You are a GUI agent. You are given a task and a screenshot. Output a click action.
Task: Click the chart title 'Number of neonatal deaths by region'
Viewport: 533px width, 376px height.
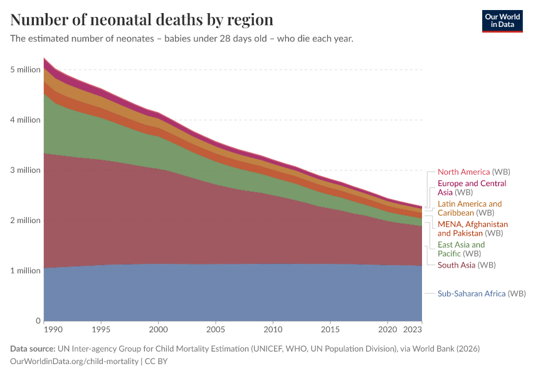point(142,19)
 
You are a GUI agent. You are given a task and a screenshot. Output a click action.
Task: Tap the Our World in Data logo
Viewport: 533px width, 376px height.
point(502,21)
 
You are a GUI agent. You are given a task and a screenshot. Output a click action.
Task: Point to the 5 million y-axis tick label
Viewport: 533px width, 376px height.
point(25,70)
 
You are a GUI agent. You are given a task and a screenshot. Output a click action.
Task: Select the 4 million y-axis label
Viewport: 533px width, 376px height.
point(25,120)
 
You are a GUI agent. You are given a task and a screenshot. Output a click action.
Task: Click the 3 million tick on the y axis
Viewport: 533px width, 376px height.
point(25,170)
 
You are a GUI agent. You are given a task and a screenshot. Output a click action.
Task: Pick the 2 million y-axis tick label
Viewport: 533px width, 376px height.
point(25,221)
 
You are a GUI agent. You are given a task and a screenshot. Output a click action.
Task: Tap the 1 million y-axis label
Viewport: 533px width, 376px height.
point(25,271)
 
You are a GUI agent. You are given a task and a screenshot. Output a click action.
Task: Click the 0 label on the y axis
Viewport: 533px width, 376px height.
point(38,321)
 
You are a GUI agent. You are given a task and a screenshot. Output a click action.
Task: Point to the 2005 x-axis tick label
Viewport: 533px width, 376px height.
point(216,329)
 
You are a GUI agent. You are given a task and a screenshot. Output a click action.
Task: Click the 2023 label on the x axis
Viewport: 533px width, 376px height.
point(413,329)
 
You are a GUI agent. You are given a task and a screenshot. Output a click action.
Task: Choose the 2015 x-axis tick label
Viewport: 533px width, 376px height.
point(330,329)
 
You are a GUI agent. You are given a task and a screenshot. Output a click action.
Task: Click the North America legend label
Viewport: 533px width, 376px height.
point(464,172)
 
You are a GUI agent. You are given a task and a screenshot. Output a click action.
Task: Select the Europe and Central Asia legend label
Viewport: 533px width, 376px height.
point(471,188)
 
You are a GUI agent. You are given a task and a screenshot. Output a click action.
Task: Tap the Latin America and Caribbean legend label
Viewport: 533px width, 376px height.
point(470,208)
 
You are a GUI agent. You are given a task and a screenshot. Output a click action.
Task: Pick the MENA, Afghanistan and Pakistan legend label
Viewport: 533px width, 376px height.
point(472,228)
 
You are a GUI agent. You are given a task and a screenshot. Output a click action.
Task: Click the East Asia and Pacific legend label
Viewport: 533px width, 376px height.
point(461,249)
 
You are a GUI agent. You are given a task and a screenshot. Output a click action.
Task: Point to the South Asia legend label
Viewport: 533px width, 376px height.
point(456,265)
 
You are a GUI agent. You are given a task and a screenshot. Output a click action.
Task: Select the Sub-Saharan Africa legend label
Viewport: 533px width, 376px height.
point(471,293)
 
